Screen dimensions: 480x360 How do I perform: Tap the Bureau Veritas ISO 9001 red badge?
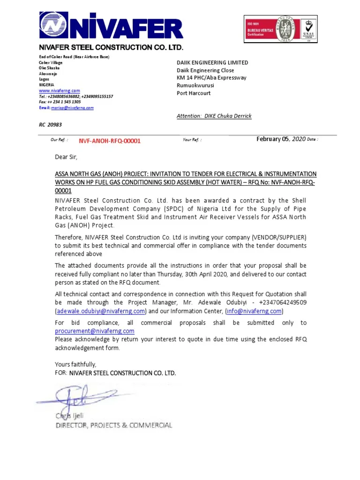261,29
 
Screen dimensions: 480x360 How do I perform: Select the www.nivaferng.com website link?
59,90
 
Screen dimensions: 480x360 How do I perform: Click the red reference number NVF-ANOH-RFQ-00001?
109,141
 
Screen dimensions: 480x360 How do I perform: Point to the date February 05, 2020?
281,139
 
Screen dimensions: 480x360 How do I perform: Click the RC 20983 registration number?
50,125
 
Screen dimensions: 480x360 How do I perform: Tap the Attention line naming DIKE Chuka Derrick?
214,116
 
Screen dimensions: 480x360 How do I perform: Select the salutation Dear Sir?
66,157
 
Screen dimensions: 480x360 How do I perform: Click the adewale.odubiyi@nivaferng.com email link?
101,311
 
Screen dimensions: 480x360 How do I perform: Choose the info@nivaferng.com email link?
254,311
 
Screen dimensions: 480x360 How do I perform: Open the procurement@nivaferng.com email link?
94,331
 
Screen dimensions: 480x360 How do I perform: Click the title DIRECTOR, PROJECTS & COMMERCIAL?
113,425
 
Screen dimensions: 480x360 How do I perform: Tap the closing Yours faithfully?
75,364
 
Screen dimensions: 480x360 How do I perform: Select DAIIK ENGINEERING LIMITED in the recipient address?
212,62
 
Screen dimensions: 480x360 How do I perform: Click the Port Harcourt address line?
194,93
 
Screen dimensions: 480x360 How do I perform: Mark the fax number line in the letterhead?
60,102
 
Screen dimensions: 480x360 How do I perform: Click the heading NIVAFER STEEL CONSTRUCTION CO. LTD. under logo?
111,48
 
